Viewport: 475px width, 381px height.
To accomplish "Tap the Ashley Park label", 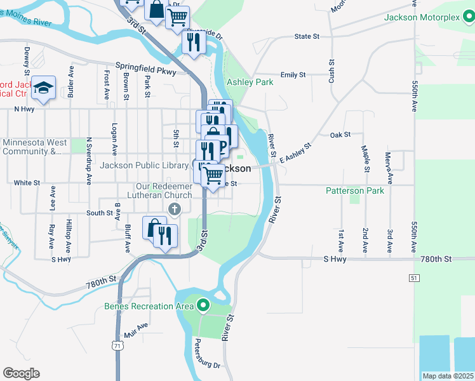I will click(250, 82).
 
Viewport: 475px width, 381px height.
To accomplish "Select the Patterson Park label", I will click(354, 190).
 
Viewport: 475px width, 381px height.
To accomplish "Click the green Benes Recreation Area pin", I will click(203, 306).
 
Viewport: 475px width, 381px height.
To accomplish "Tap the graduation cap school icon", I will click(43, 88).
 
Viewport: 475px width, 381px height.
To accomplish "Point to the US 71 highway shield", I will click(117, 345).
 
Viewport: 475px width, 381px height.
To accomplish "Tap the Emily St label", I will click(293, 75).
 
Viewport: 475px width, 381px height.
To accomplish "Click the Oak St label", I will click(340, 135).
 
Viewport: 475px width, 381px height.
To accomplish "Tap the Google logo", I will click(21, 373).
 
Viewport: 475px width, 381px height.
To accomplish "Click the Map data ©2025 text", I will click(448, 376).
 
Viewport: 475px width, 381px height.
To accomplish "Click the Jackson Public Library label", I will click(145, 166).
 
